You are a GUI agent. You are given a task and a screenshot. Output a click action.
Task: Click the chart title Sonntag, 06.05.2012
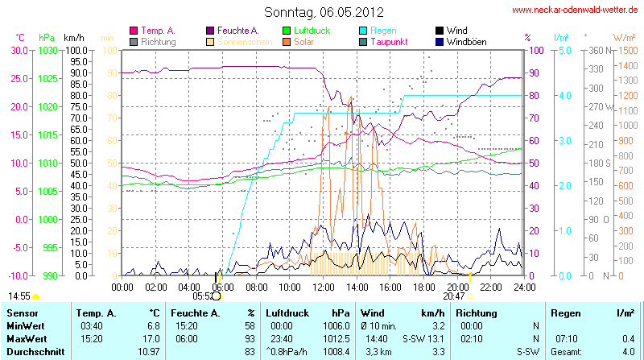pyautogui.click(x=324, y=13)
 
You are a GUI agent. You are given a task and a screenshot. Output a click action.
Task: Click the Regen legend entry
pyautogui.click(x=383, y=30)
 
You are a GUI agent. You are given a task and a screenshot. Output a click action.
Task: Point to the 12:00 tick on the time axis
pyautogui.click(x=323, y=287)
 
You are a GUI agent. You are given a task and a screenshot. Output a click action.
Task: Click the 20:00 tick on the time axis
pyautogui.click(x=457, y=287)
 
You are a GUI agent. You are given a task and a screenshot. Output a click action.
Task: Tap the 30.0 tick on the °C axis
pyautogui.click(x=18, y=50)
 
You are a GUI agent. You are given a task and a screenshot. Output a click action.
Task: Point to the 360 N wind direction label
pyautogui.click(x=597, y=50)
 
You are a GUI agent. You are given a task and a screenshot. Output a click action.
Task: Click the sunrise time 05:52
pyautogui.click(x=202, y=296)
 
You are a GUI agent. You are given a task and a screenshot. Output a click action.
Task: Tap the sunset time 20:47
pyautogui.click(x=454, y=296)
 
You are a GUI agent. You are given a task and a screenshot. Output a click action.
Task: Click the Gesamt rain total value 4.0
pyautogui.click(x=627, y=352)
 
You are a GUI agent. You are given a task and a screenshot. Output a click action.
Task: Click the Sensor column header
pyautogui.click(x=23, y=312)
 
